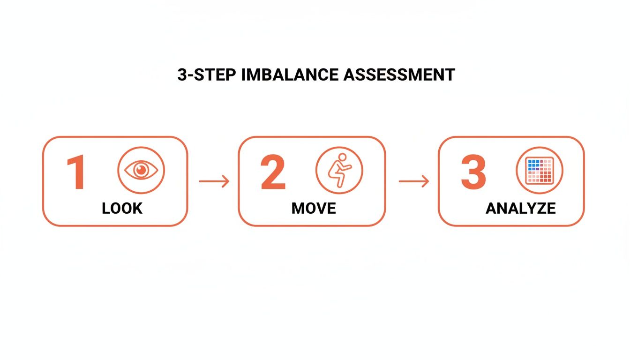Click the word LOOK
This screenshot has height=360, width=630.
pos(122,208)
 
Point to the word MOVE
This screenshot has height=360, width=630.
pos(314,208)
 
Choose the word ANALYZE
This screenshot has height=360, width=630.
pos(520,208)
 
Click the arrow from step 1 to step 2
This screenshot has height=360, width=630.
pos(214,181)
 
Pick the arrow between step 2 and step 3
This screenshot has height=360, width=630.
pos(413,181)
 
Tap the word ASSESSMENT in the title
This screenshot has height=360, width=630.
pos(399,75)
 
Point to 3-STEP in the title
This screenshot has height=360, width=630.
pos(207,75)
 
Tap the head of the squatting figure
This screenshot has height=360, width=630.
pos(343,157)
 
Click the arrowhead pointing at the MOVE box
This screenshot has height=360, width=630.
pos(226,181)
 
